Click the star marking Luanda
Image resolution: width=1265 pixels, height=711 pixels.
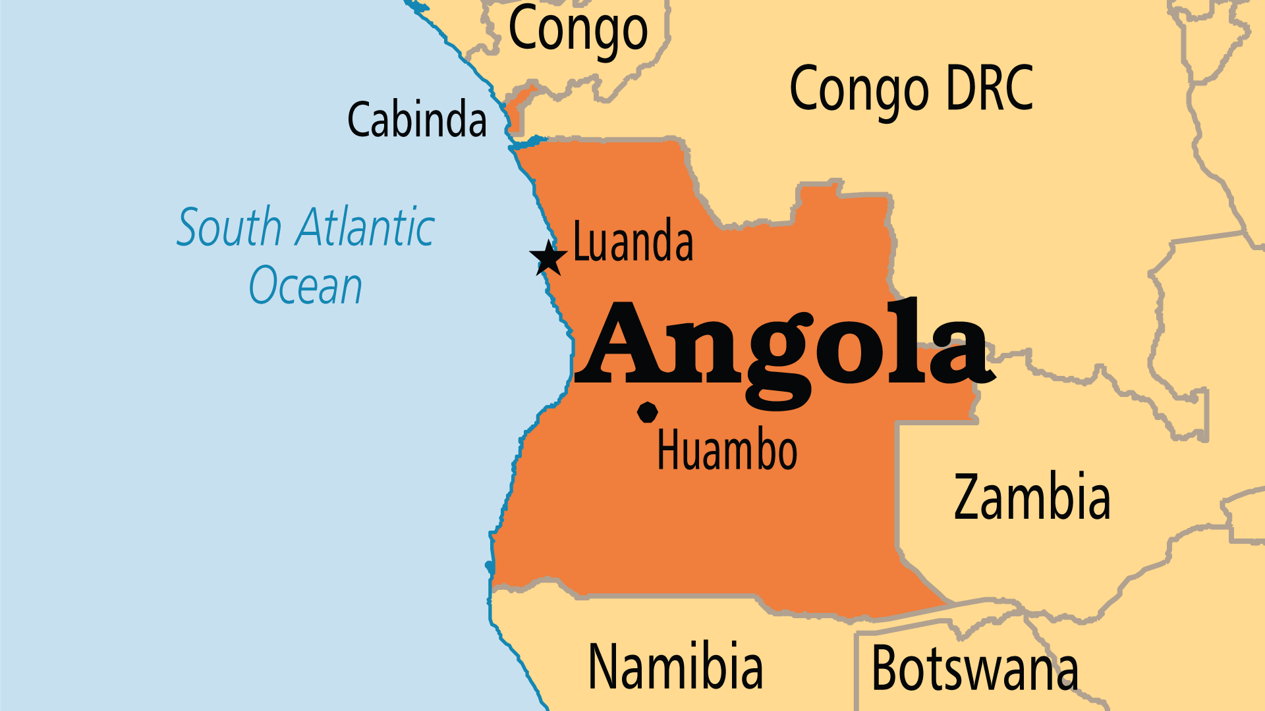548,258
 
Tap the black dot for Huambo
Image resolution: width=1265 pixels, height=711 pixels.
648,412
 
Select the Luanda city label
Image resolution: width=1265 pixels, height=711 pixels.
633,242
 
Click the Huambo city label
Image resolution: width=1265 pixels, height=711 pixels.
727,450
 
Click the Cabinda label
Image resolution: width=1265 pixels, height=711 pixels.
417,120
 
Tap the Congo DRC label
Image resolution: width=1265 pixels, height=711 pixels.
911,90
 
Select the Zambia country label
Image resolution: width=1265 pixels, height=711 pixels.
1032,498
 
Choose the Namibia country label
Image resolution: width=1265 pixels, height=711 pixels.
675,666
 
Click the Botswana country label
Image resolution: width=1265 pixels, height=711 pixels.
974,669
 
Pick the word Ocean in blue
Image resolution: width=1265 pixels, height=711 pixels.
306,286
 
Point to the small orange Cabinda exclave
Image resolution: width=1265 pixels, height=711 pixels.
515,109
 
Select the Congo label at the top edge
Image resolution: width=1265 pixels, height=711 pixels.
578,29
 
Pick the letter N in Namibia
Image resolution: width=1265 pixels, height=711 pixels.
604,666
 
